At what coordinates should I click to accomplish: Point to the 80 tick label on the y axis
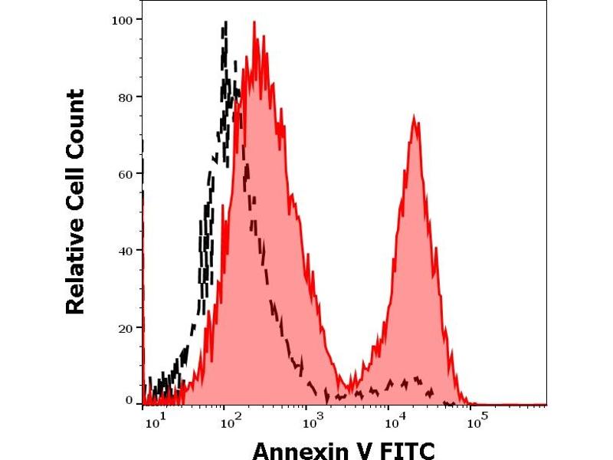pyautogui.click(x=125, y=97)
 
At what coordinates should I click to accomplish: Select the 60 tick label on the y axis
pyautogui.click(x=125, y=173)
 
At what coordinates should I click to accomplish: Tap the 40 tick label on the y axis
pyautogui.click(x=125, y=250)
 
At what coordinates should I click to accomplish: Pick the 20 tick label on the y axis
pyautogui.click(x=125, y=327)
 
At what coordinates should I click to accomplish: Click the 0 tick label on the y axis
pyautogui.click(x=129, y=400)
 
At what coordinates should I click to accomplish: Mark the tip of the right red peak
pyautogui.click(x=414, y=117)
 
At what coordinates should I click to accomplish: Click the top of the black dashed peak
pyautogui.click(x=225, y=24)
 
